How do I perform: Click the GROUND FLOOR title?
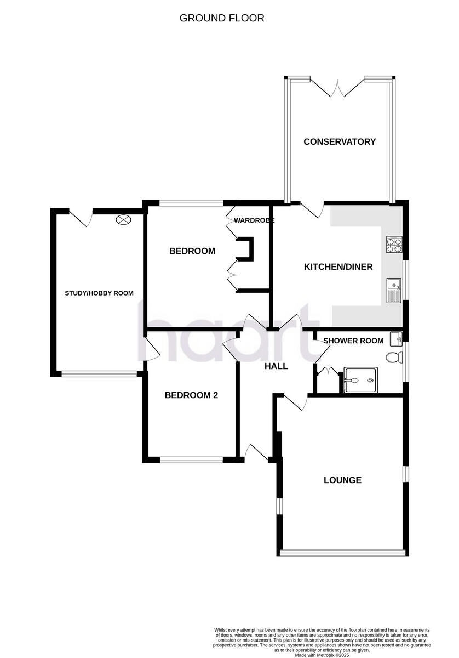[222, 18]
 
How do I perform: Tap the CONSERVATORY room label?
[340, 141]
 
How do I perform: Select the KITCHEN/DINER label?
[338, 267]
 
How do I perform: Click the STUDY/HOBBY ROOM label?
[99, 293]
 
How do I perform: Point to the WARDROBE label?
[254, 220]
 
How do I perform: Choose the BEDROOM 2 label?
[191, 395]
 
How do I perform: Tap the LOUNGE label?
[342, 480]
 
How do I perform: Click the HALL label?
[276, 366]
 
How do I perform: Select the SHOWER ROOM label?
[353, 341]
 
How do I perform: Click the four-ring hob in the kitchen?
[394, 244]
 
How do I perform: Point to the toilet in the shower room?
[393, 358]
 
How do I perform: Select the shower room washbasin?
[396, 337]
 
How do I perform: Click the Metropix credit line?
[322, 655]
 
